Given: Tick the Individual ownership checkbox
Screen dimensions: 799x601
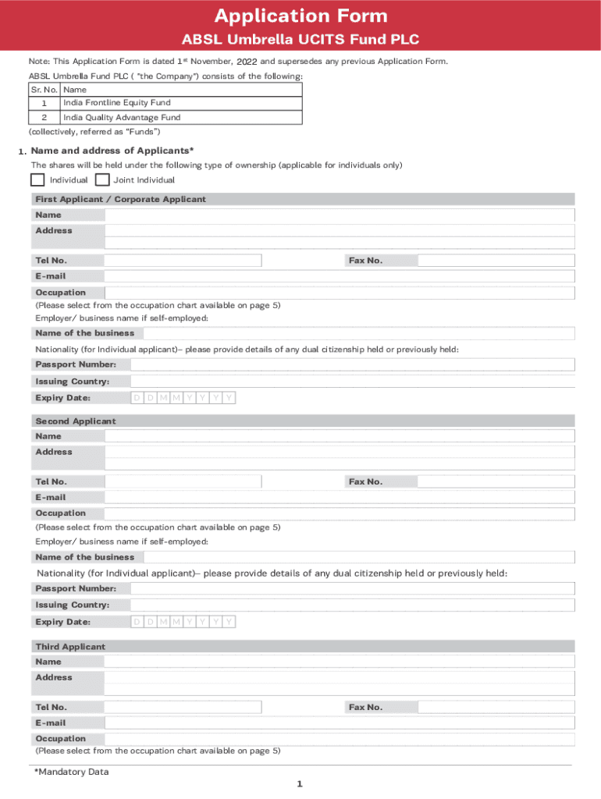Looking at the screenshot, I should click(x=37, y=180).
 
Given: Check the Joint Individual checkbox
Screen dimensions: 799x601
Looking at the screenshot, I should click(x=101, y=180).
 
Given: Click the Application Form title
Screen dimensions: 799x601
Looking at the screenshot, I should click(x=300, y=16).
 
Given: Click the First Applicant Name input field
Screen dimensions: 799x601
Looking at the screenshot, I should click(x=340, y=215).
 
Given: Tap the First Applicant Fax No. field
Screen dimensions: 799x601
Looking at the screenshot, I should click(x=496, y=261).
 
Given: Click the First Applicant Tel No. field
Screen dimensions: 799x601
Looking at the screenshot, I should click(x=183, y=261).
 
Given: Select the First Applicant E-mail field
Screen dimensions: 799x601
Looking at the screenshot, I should click(x=340, y=276).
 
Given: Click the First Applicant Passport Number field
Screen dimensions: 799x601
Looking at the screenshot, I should click(x=352, y=365).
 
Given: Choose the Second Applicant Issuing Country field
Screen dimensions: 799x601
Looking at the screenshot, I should click(x=352, y=605).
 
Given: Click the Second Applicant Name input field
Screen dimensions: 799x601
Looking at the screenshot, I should click(x=340, y=437).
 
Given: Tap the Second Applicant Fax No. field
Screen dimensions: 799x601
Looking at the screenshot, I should click(x=496, y=482).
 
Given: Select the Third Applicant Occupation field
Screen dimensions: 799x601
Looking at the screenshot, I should click(x=340, y=739).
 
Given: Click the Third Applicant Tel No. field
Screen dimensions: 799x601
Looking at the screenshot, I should click(x=183, y=708).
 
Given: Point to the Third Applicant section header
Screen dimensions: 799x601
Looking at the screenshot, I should click(x=70, y=647).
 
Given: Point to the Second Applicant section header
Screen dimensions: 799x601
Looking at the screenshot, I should click(x=75, y=421).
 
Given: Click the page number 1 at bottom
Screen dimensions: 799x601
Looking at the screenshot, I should click(x=300, y=785).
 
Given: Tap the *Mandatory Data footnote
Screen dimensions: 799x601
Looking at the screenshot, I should click(x=71, y=772).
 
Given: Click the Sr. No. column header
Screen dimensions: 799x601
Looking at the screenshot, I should click(x=44, y=90).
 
